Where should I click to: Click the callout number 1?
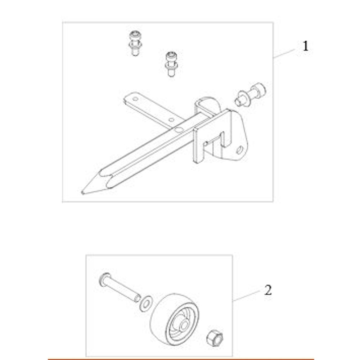pyautogui.click(x=305, y=46)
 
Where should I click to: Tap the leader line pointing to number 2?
pyautogui.click(x=246, y=296)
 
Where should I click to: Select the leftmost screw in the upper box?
pyautogui.click(x=135, y=44)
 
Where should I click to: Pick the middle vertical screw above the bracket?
pyautogui.click(x=171, y=64)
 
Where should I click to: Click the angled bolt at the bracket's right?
pyautogui.click(x=250, y=94)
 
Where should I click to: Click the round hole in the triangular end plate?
pyautogui.click(x=239, y=150)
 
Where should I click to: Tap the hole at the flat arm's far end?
pyautogui.click(x=135, y=99)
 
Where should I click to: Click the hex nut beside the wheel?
pyautogui.click(x=215, y=338)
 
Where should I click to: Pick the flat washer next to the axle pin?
pyautogui.click(x=145, y=303)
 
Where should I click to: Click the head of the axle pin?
pyautogui.click(x=105, y=279)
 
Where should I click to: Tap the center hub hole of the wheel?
pyautogui.click(x=184, y=325)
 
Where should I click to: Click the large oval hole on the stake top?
pyautogui.click(x=179, y=130)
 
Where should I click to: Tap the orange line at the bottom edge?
pyautogui.click(x=181, y=359)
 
